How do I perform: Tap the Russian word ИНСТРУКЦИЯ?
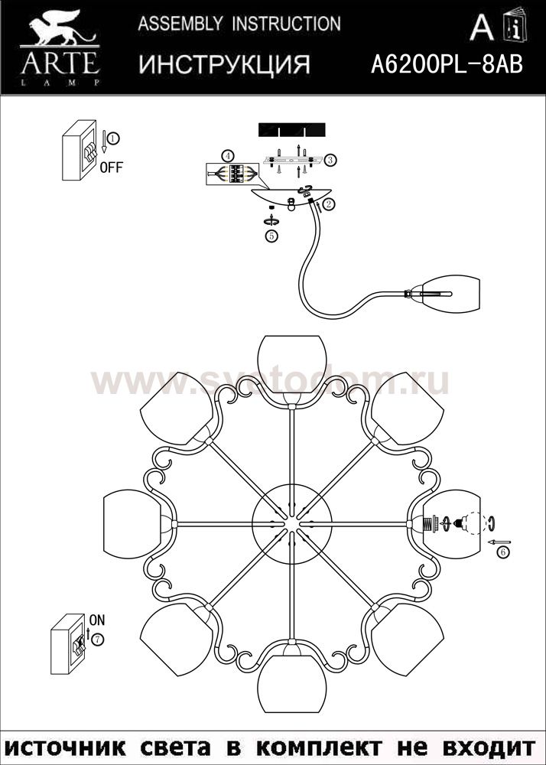(x=224, y=64)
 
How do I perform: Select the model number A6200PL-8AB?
(x=447, y=63)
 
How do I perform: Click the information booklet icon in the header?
(x=515, y=26)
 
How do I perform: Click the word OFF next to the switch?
(x=111, y=168)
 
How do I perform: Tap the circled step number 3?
(x=330, y=160)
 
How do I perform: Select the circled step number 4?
(x=226, y=156)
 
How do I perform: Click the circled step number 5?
(x=271, y=236)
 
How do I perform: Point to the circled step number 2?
(x=329, y=204)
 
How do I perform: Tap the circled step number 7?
(x=98, y=639)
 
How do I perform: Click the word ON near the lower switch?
(x=97, y=620)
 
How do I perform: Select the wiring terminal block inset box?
(x=232, y=174)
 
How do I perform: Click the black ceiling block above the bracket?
(x=291, y=130)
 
